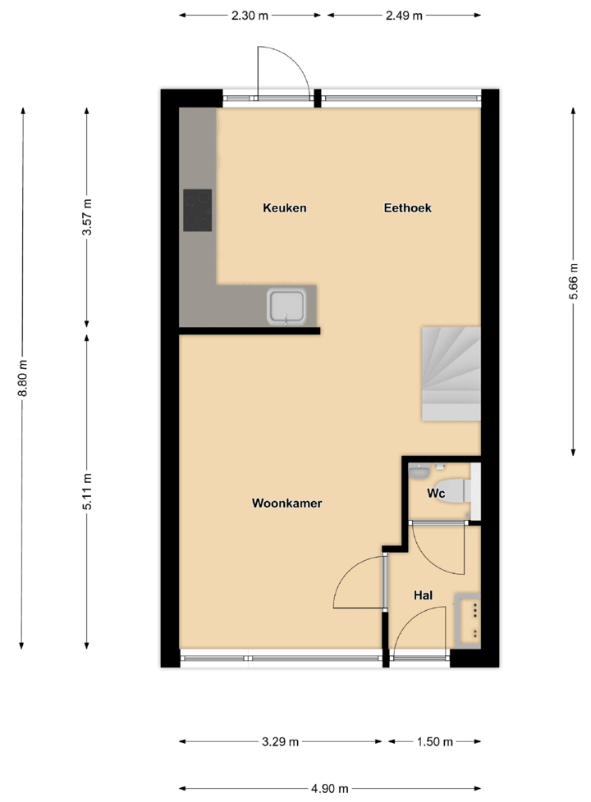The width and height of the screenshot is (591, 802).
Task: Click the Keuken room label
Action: tap(284, 208)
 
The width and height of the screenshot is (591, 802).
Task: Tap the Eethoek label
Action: tap(407, 208)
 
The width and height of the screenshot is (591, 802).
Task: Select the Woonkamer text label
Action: tap(286, 504)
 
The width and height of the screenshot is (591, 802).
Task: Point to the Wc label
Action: tap(436, 494)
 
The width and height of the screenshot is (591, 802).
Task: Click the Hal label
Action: tap(424, 596)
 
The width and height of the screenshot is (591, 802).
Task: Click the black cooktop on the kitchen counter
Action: tap(197, 211)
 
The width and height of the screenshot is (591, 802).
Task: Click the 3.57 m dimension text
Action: tap(87, 217)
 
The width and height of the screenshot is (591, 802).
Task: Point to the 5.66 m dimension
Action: tap(574, 282)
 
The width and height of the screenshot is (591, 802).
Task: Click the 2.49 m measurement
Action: tap(404, 16)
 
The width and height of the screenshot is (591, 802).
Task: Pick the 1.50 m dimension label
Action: tap(433, 742)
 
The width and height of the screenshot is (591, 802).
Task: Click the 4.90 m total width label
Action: tap(329, 788)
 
